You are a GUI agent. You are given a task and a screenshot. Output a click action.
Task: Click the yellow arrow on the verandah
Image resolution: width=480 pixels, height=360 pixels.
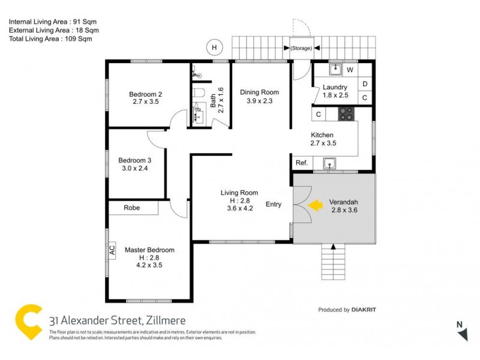point(314,206)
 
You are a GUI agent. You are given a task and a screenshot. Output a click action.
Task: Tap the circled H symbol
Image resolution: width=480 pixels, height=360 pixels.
point(214,47)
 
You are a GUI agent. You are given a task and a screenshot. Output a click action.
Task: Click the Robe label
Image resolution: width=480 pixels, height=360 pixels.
point(131,208)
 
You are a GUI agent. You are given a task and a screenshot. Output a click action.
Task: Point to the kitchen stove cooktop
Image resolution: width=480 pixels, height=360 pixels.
point(346,113)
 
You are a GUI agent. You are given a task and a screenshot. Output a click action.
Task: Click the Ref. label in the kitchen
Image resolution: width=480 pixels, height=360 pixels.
point(302,163)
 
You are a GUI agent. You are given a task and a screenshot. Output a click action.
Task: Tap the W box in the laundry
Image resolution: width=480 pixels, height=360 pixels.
point(350,70)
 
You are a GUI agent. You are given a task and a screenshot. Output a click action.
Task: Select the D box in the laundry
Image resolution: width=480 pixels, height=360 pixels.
point(364,84)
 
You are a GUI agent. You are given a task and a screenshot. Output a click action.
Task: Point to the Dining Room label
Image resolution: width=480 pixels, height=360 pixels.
point(259,92)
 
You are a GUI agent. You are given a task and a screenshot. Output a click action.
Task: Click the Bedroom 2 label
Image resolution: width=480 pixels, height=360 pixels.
point(146,94)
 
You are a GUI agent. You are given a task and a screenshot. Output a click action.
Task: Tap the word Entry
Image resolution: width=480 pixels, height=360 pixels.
point(274,205)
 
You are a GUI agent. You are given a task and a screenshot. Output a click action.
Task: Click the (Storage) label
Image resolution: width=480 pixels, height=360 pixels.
point(301,48)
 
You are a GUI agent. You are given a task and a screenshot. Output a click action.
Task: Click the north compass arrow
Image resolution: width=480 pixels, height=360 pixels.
point(462,334)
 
